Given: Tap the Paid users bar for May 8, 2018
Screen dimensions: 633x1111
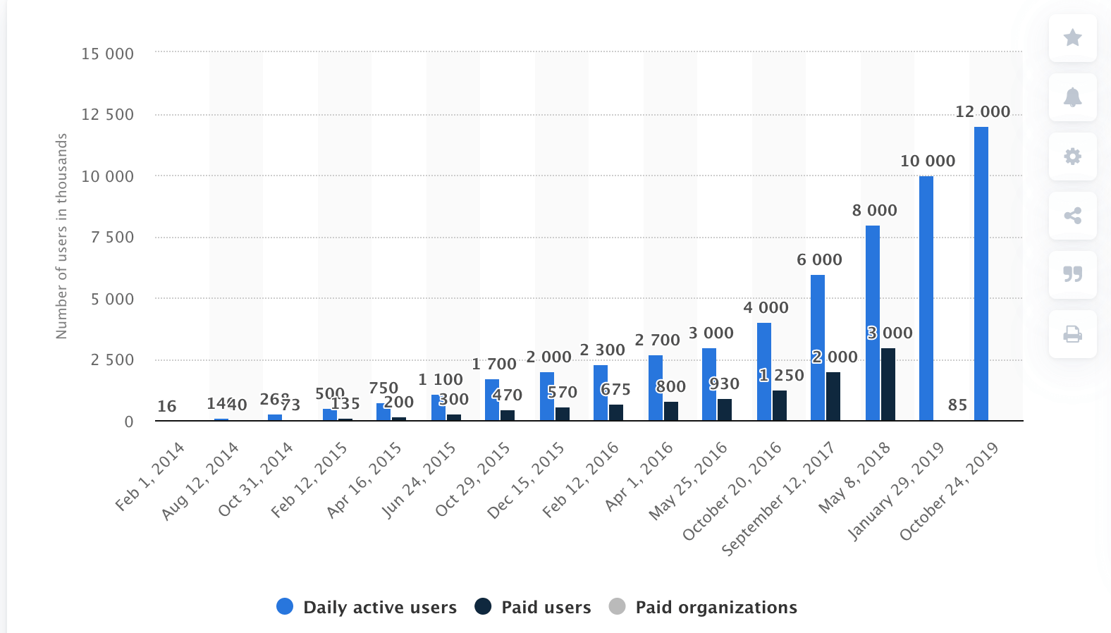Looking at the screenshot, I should tap(888, 384).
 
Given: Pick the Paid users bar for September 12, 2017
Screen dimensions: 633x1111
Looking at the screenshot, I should tap(833, 396).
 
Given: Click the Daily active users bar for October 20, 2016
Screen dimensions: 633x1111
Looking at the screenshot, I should tap(763, 371).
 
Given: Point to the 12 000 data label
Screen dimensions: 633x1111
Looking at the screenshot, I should tap(982, 111).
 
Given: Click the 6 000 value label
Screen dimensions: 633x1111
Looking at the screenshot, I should tap(819, 259).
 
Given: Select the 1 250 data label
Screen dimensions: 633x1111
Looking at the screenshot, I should tap(781, 376).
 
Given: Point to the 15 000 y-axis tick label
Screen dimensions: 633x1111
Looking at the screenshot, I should tap(107, 54).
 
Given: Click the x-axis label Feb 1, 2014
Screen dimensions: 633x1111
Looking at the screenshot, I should tap(149, 476).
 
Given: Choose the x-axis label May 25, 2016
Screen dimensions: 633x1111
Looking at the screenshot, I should tap(688, 481).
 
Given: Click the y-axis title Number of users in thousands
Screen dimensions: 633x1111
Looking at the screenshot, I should tap(61, 236).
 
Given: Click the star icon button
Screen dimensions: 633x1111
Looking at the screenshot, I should tap(1072, 37).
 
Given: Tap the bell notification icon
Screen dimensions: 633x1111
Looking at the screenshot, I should tap(1072, 97).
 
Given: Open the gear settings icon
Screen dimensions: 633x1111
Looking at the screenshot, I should tap(1072, 156).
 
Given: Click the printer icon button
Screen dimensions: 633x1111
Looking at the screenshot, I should tap(1072, 333).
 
